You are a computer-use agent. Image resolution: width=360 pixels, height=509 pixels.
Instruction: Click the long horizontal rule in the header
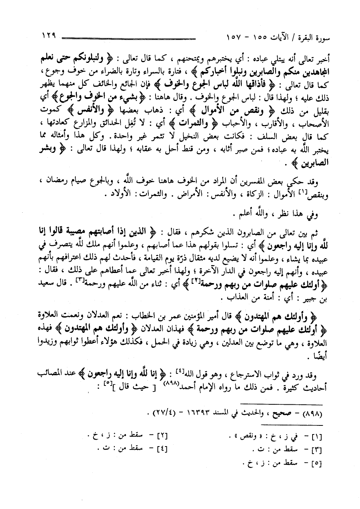(x=128, y=38)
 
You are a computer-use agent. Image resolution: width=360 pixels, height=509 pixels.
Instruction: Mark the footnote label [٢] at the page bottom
(x=162, y=437)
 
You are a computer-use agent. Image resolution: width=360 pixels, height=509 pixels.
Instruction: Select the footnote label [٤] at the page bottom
(x=162, y=449)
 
